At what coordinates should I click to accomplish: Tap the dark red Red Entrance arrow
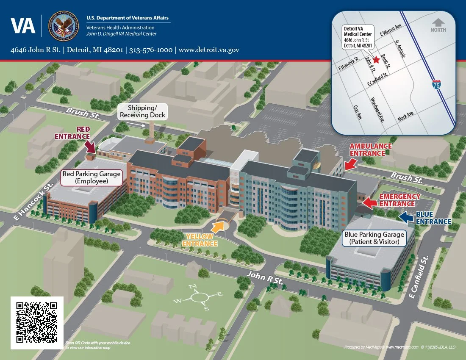[90, 147]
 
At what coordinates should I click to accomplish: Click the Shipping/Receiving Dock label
[142, 111]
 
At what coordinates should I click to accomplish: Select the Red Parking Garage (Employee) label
[92, 177]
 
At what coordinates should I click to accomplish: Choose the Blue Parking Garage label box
[374, 238]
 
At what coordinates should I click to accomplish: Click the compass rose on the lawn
[198, 297]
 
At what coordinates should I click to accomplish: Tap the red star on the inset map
[376, 60]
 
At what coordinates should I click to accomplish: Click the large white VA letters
[23, 26]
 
